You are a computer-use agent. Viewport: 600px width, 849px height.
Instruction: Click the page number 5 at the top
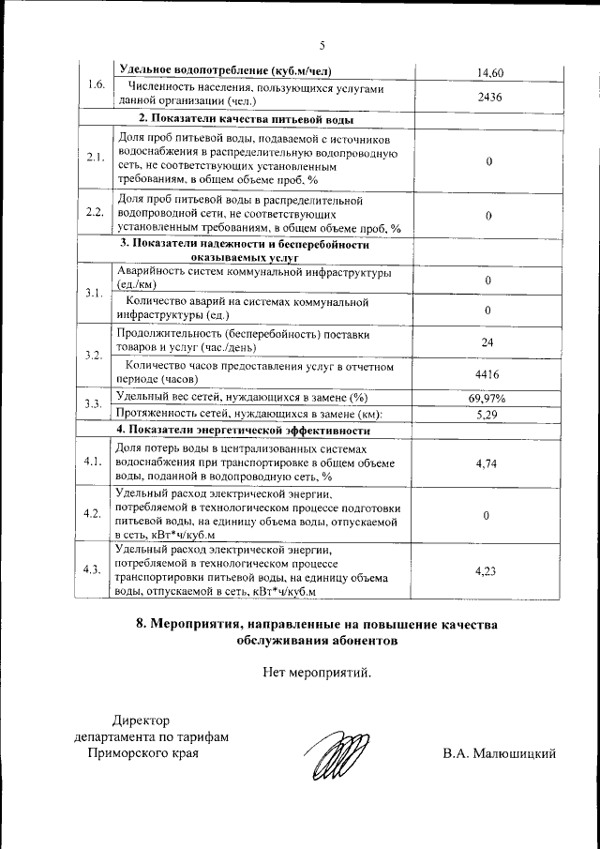click(x=321, y=45)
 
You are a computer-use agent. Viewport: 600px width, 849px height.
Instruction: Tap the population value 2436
click(x=489, y=96)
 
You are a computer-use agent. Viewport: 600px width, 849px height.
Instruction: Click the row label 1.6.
click(x=95, y=85)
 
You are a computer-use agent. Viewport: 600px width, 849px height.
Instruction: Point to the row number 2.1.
click(x=95, y=158)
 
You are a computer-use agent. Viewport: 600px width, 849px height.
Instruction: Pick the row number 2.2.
click(x=95, y=213)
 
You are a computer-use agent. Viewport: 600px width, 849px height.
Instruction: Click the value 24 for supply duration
click(x=487, y=342)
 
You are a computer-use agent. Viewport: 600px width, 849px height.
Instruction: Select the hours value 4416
click(x=487, y=373)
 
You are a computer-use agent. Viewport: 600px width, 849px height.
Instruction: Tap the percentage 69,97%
click(x=487, y=399)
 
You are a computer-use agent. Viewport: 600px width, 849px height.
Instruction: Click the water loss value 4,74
click(x=486, y=462)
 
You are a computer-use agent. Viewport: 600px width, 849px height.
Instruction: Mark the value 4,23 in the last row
click(x=486, y=569)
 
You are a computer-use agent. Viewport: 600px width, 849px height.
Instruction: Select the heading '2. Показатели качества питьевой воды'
click(x=246, y=120)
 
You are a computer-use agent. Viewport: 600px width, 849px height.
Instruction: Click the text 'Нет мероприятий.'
click(x=317, y=672)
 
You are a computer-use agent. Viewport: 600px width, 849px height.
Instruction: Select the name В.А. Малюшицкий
click(x=500, y=753)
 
